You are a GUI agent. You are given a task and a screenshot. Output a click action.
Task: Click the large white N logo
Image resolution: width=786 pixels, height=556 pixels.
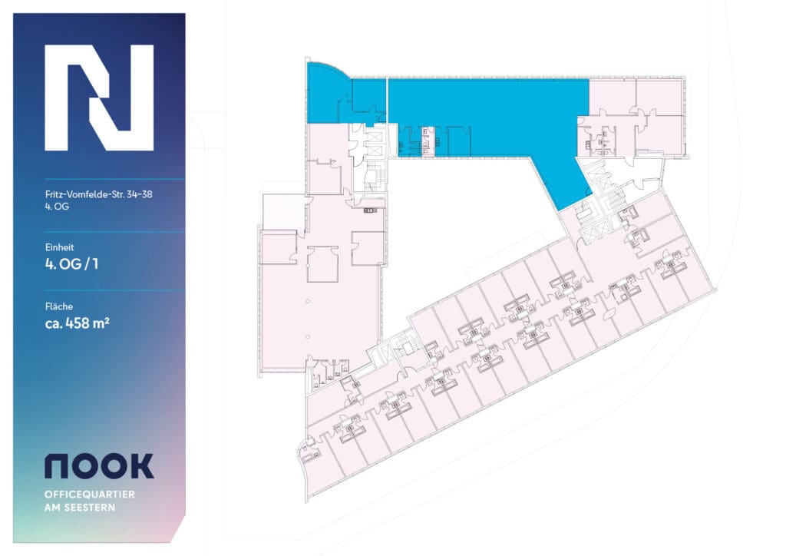pyautogui.click(x=99, y=98)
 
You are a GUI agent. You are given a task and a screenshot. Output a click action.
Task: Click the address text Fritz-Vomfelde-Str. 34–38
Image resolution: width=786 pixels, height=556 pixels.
pyautogui.click(x=98, y=194)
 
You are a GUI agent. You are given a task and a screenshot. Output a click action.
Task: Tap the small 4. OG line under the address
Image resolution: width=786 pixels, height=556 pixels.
pyautogui.click(x=58, y=207)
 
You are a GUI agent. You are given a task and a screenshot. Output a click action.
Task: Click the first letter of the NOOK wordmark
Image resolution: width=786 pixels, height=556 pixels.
pyautogui.click(x=58, y=465)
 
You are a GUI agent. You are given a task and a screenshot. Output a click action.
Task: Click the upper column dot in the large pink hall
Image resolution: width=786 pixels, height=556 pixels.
pyautogui.click(x=307, y=300)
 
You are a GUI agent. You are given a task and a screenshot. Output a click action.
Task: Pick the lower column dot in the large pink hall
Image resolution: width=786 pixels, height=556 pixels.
pyautogui.click(x=307, y=336)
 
